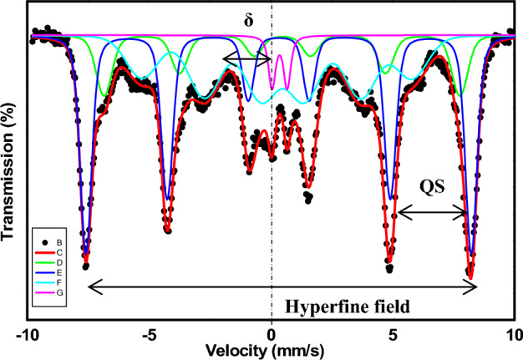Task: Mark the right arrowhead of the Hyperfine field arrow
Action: coord(473,286)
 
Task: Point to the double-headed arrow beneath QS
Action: coord(432,213)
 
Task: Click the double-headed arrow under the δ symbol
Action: coord(247,58)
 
